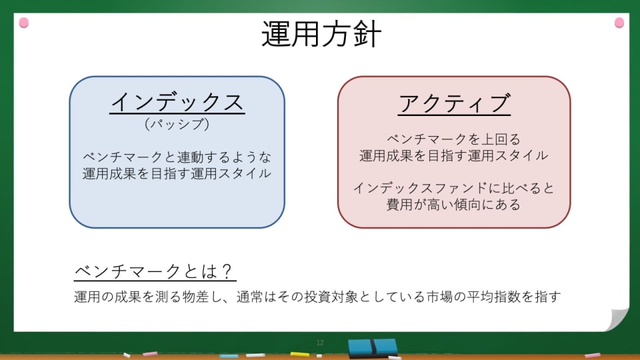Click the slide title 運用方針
[x=321, y=34]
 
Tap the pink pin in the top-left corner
[x=24, y=23]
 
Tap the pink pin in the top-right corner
[x=619, y=23]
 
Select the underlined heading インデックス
[x=177, y=102]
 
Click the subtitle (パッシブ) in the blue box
[x=177, y=124]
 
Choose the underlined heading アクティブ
[x=454, y=103]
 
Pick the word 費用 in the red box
[x=399, y=204]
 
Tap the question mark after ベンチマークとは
[x=228, y=271]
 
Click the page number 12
[x=320, y=343]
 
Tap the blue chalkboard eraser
[x=373, y=348]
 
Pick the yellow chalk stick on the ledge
[x=299, y=354]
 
